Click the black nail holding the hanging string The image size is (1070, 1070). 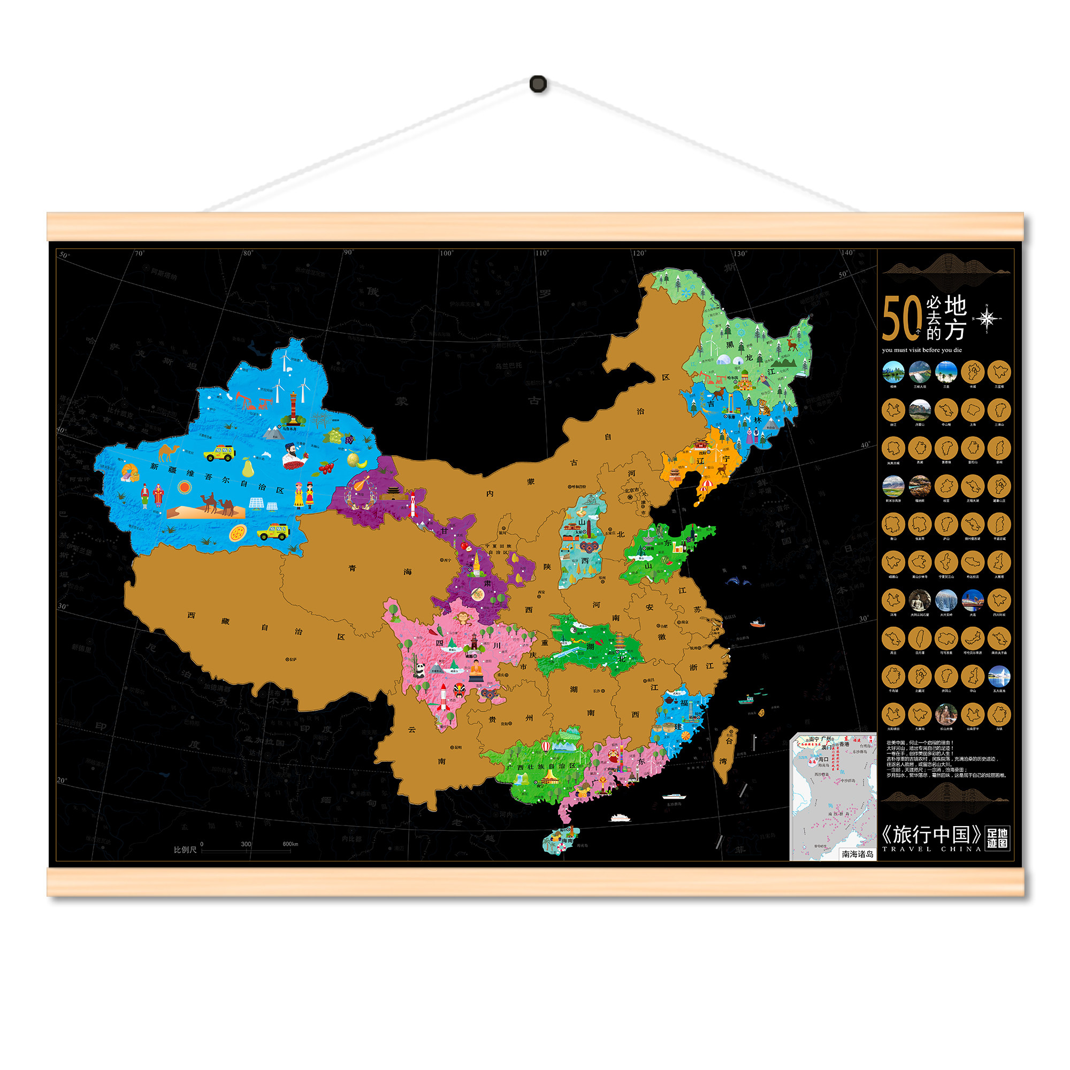[538, 84]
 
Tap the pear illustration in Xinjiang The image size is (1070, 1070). [248, 469]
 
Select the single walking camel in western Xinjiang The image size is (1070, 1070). [169, 453]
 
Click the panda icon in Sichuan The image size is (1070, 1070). [420, 671]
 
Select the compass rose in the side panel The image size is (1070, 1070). [987, 319]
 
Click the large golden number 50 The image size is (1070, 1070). [900, 318]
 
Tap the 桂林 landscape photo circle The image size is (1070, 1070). [893, 372]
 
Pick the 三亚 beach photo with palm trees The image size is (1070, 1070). [946, 372]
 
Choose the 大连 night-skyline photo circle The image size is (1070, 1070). [973, 600]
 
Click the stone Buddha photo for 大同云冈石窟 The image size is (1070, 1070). [919, 600]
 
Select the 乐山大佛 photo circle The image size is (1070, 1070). [946, 714]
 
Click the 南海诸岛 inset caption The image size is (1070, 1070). [857, 854]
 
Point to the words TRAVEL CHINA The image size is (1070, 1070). [931, 849]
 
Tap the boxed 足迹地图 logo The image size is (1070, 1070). [997, 838]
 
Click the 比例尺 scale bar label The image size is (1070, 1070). [185, 850]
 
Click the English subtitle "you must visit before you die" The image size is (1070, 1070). [922, 350]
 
